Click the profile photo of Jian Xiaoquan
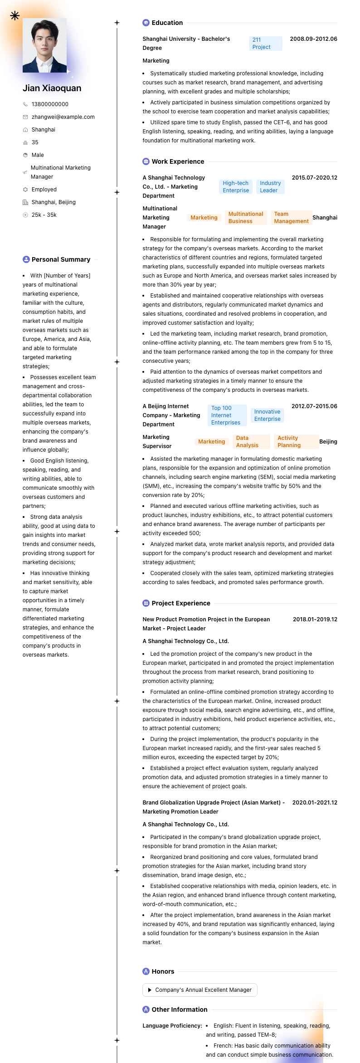pos(44,45)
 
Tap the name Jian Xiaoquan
pos(52,88)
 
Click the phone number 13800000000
pos(50,104)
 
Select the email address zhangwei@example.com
pos(63,117)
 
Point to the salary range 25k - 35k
pos(44,215)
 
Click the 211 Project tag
pos(265,44)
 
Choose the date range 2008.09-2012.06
pos(313,39)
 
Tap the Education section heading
pos(167,23)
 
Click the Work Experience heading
pos(178,161)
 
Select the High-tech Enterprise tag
pos(236,187)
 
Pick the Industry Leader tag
pos(270,187)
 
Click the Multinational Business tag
pos(246,218)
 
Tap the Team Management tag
pos(291,218)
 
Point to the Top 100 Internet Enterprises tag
pos(226,415)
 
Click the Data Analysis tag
pos(247,442)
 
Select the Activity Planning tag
pos(289,442)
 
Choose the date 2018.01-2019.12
pos(315,619)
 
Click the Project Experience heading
pos(181,603)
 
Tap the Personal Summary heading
pos(61,259)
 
